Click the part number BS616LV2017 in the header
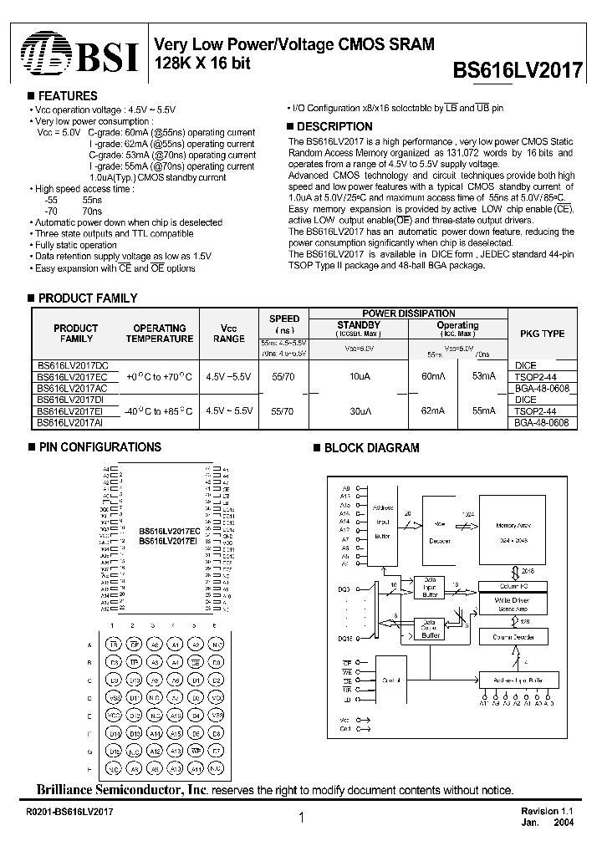[518, 70]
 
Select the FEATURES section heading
[68, 96]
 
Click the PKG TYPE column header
[542, 334]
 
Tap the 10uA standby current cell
[358, 377]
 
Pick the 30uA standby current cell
[358, 411]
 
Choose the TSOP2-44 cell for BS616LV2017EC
[542, 377]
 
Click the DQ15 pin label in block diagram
[344, 639]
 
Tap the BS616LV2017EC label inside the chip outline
[169, 531]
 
